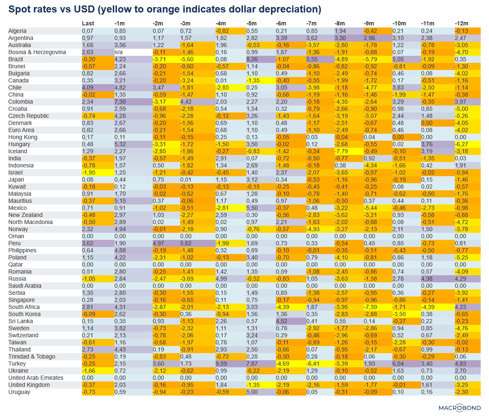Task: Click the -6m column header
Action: click(x=281, y=23)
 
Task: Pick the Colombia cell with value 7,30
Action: click(x=120, y=102)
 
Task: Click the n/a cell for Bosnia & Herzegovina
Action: click(x=119, y=52)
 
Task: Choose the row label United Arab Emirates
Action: click(x=36, y=378)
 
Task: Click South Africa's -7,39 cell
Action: click(x=370, y=307)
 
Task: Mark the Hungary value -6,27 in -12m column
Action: click(x=462, y=144)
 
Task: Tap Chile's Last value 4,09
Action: click(x=88, y=87)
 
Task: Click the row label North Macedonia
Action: click(x=30, y=222)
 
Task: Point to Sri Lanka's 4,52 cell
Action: click(x=282, y=321)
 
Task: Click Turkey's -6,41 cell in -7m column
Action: click(x=312, y=364)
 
